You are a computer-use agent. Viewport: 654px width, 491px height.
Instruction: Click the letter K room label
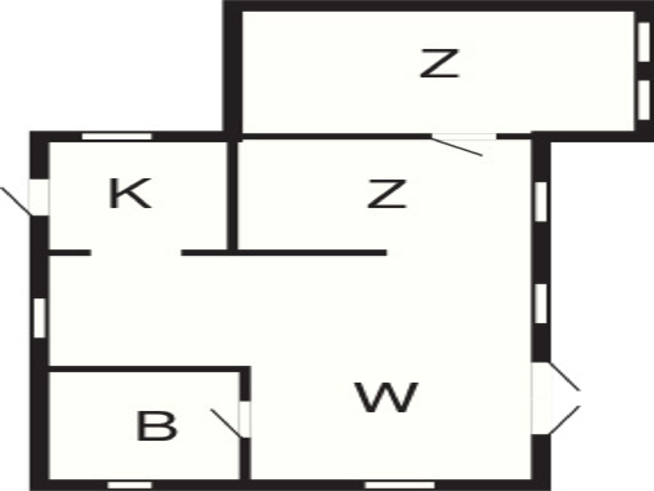(130, 193)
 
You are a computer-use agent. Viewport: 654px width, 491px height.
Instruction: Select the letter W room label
(387, 397)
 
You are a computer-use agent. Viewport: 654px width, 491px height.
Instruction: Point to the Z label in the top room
(439, 63)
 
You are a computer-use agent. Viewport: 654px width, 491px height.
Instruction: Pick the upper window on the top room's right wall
(643, 42)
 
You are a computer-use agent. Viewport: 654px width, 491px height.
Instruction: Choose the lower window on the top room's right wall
(643, 100)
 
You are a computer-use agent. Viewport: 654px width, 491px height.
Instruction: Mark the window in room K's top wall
(117, 137)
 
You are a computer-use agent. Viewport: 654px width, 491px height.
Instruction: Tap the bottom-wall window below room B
(129, 485)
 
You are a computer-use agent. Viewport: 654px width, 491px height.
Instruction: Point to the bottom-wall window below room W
(400, 485)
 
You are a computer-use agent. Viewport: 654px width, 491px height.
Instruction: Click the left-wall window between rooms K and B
(40, 318)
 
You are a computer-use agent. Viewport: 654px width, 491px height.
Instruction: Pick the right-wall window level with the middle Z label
(541, 202)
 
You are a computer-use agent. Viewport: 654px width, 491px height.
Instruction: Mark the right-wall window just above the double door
(541, 303)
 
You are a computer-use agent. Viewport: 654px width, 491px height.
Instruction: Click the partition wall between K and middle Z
(232, 195)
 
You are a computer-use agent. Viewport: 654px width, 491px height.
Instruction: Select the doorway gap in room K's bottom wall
(136, 253)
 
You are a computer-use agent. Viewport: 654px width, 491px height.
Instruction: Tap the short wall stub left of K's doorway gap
(70, 253)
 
